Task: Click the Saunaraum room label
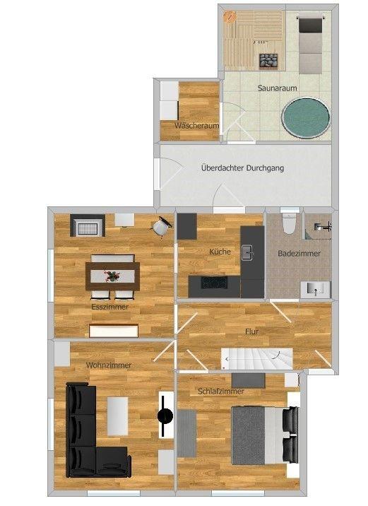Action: [277, 88]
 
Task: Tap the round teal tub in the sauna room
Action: [306, 118]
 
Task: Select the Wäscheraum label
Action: [197, 126]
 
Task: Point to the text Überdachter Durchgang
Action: [242, 168]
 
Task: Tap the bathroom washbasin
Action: [316, 290]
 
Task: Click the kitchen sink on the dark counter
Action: [247, 253]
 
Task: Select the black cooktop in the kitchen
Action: [213, 283]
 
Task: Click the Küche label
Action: [220, 252]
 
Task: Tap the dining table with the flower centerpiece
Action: [112, 276]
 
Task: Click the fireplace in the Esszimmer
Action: [88, 225]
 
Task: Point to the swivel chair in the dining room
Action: [161, 227]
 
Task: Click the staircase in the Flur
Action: [256, 358]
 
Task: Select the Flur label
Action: [251, 331]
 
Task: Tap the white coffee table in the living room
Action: [117, 416]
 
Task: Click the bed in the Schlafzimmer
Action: [265, 435]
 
